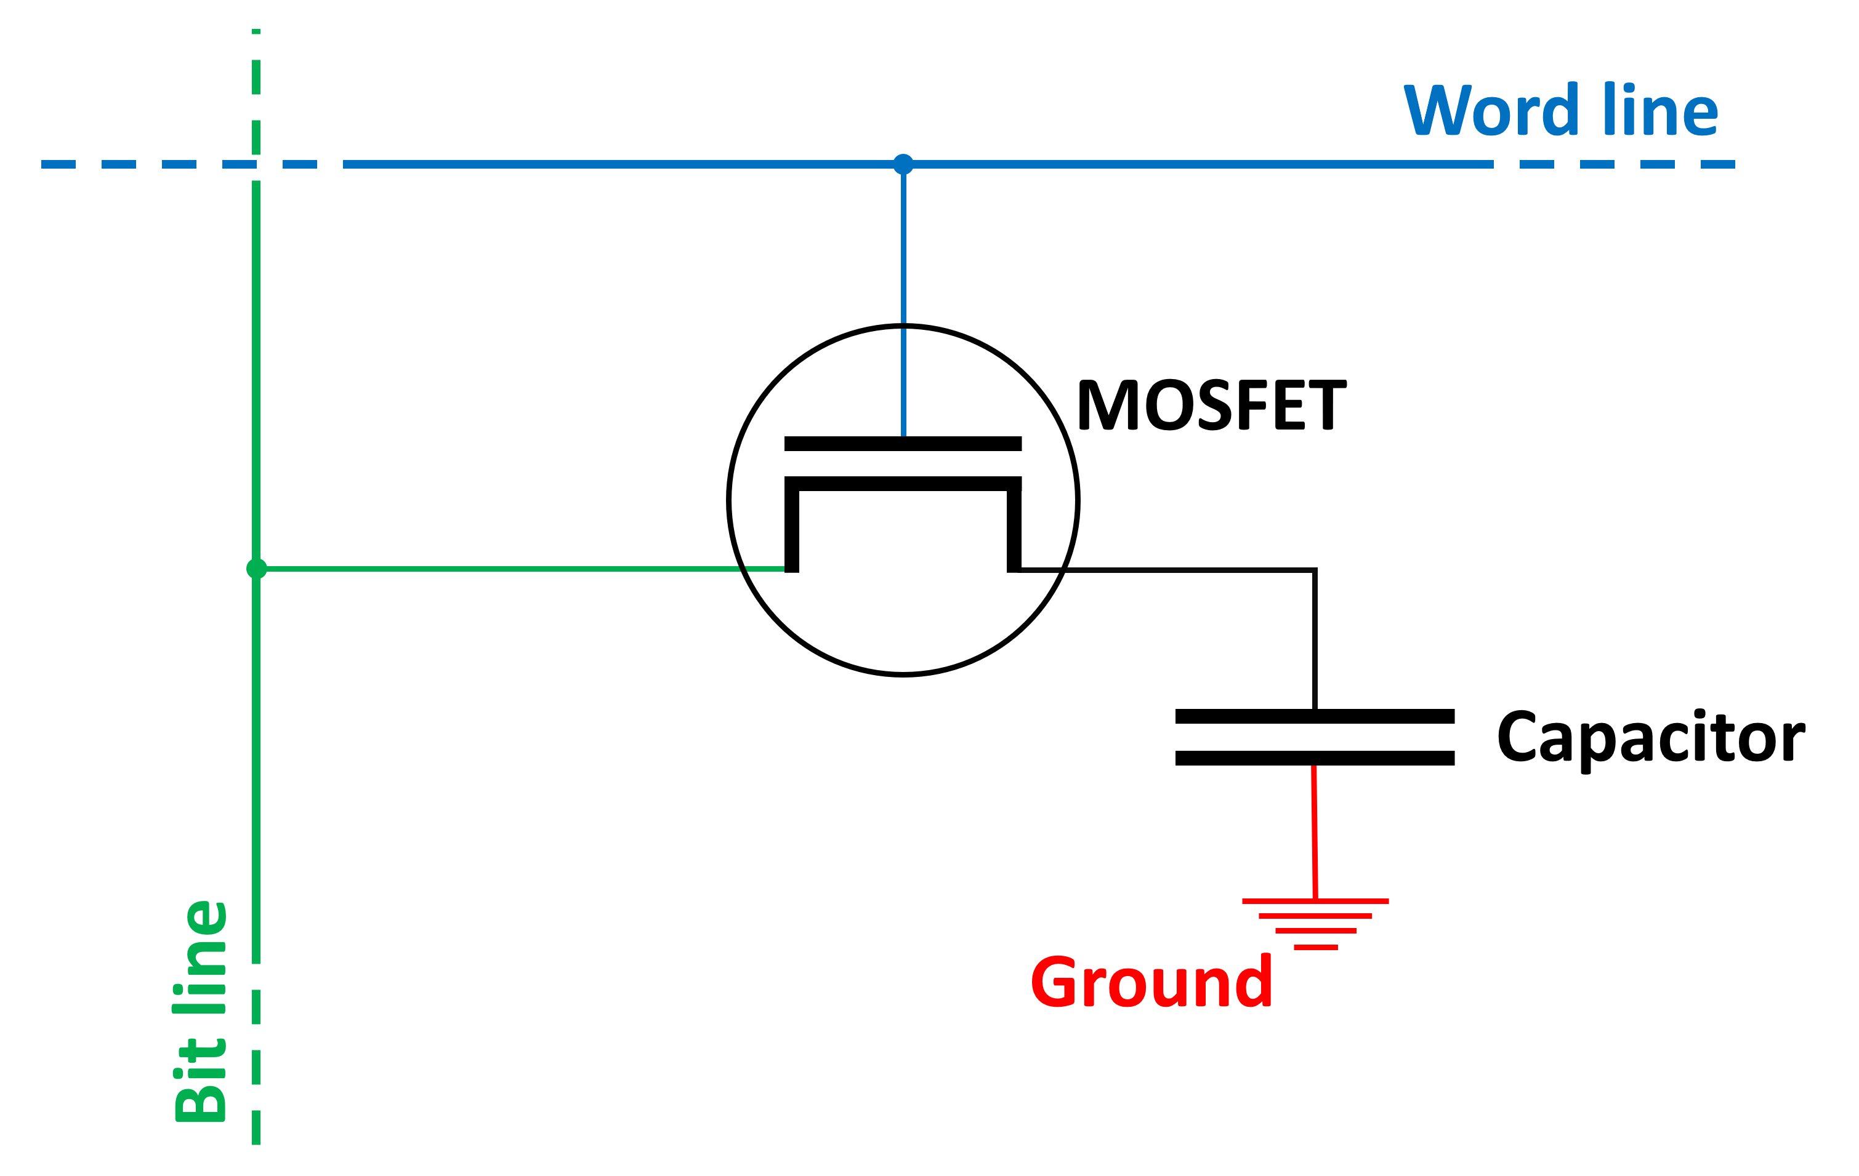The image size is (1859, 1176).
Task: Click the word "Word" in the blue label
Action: click(x=1491, y=110)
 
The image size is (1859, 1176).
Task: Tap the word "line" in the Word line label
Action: click(x=1660, y=110)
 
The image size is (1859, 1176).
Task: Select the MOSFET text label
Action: click(x=1212, y=404)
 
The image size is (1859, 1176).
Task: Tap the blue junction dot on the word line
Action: click(x=903, y=164)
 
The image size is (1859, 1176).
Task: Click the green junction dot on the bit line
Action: click(x=256, y=569)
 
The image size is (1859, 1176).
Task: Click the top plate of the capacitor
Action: click(x=1315, y=716)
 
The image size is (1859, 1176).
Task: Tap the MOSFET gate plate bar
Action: click(x=903, y=444)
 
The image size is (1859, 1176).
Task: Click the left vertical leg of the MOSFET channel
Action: click(x=791, y=529)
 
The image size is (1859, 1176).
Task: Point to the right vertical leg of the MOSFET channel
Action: click(x=1014, y=529)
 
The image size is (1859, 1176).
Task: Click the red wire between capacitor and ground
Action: click(x=1315, y=833)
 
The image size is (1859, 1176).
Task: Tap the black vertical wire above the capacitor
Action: click(x=1315, y=641)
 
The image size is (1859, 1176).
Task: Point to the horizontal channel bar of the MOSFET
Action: click(x=903, y=484)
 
